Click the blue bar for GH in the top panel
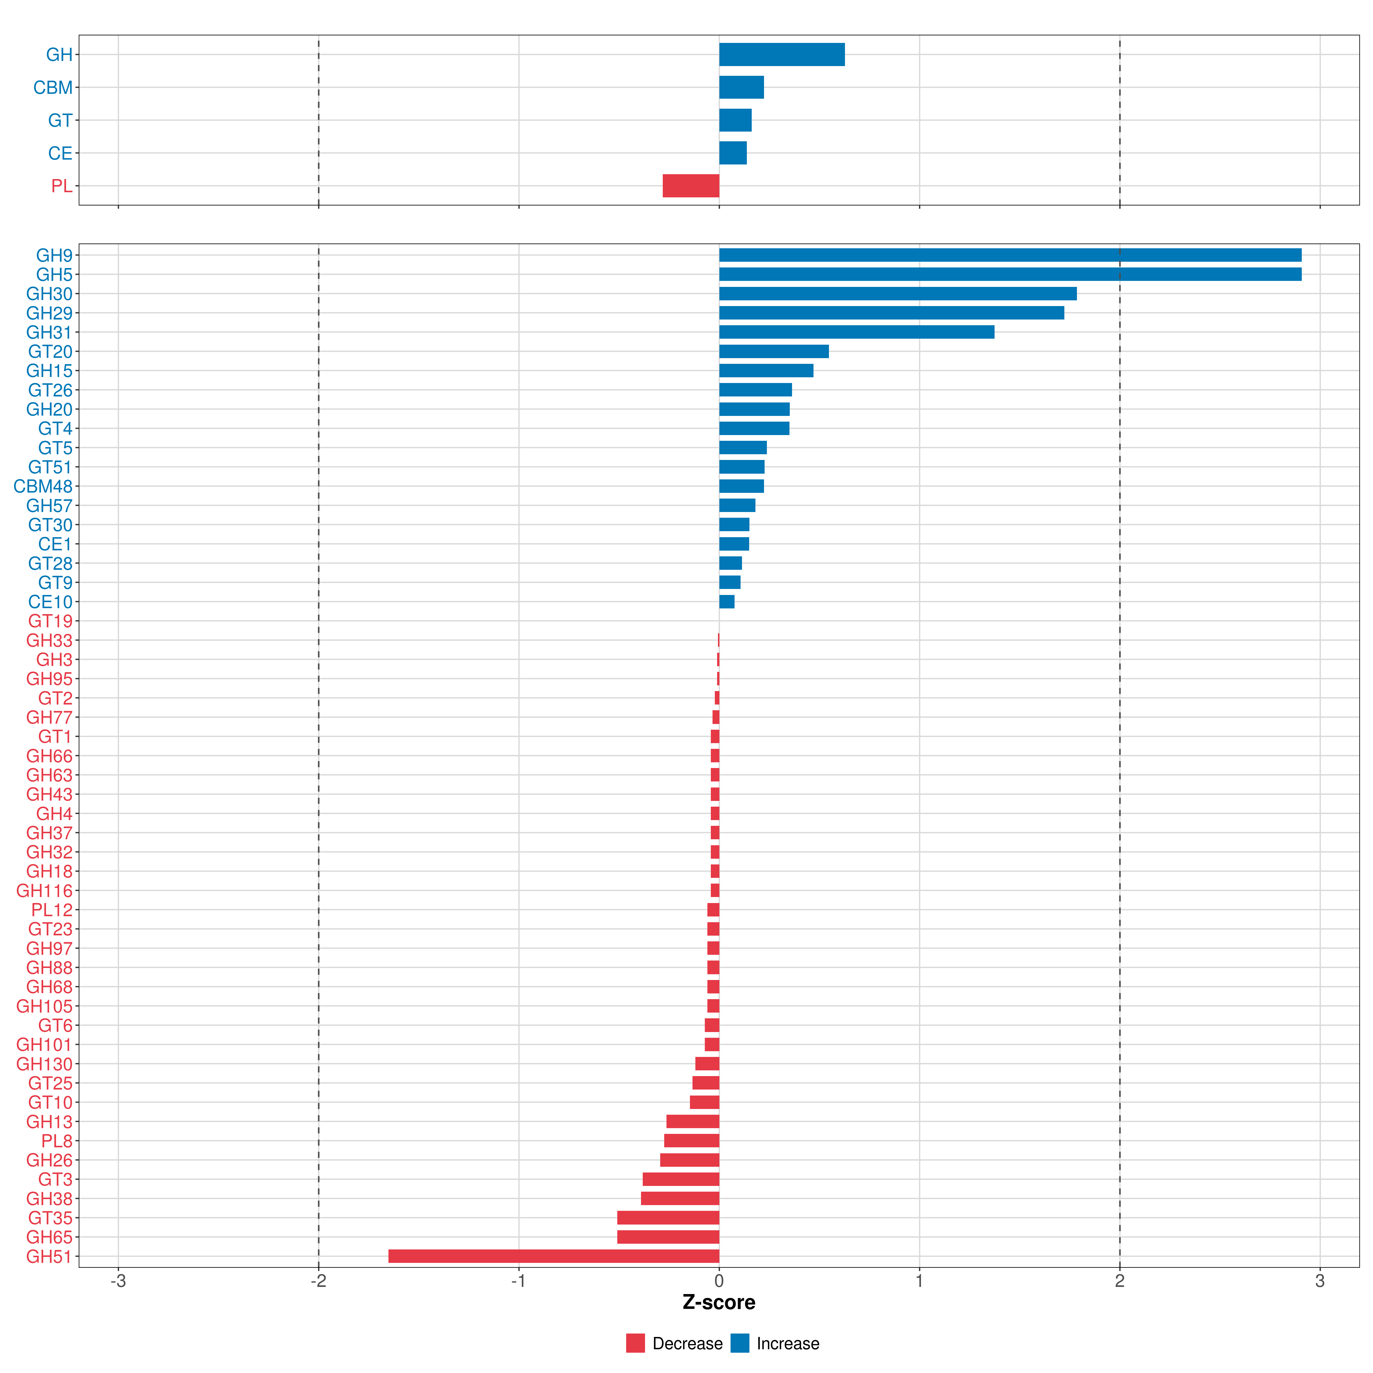click(x=782, y=55)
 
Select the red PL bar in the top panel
click(x=691, y=186)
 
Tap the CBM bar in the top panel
click(x=741, y=88)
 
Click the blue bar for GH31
click(x=856, y=332)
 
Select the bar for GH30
click(x=898, y=293)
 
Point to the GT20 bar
click(x=774, y=351)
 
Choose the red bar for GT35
click(x=668, y=1217)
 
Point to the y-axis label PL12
click(x=52, y=910)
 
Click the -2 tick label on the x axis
click(x=318, y=1281)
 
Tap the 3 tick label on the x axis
click(x=1320, y=1281)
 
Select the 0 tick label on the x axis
click(x=719, y=1281)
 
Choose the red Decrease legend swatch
click(x=635, y=1343)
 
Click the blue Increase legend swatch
click(x=740, y=1343)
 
